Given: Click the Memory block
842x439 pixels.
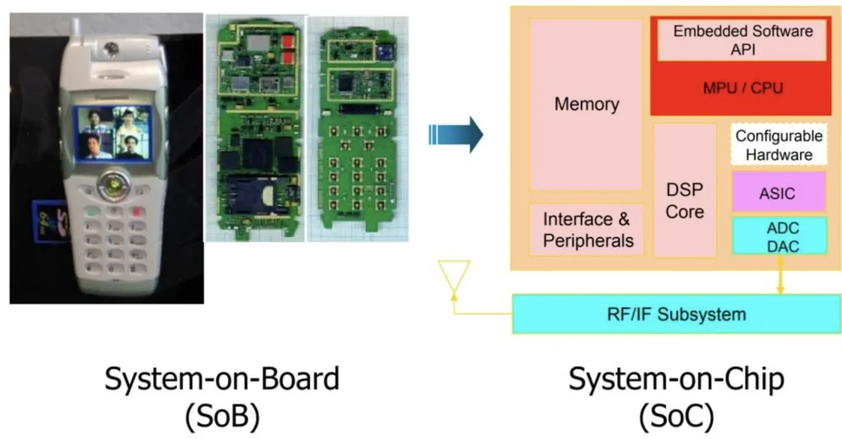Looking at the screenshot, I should tap(585, 104).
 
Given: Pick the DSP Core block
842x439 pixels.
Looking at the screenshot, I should tap(685, 200).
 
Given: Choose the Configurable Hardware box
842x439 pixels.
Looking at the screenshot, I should tap(779, 145).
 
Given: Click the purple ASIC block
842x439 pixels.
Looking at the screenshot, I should tap(779, 192).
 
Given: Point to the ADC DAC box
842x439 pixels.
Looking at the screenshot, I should tap(779, 236).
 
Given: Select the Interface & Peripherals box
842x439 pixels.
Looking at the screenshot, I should tap(587, 229).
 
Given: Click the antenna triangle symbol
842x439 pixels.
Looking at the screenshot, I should tap(453, 275).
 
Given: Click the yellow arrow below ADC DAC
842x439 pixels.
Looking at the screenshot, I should tap(779, 281).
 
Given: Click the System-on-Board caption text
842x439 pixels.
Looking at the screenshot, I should tap(222, 380).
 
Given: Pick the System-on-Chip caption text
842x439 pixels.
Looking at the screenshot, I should tap(677, 380).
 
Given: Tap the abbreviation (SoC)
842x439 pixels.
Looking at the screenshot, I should tap(677, 418).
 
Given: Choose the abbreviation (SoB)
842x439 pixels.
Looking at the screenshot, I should tap(222, 418).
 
